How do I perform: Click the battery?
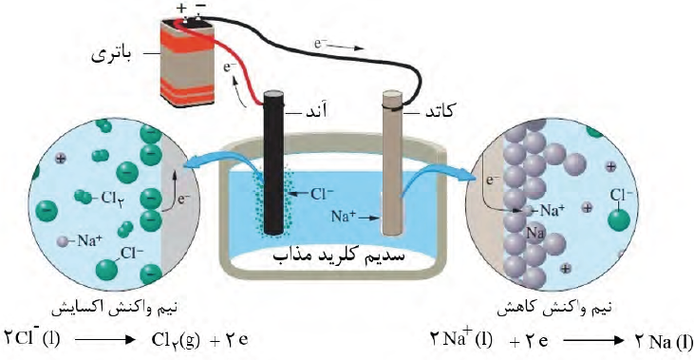188,61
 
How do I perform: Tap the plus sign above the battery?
181,9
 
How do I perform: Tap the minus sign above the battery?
199,7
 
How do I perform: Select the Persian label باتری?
112,56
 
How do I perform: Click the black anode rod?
274,162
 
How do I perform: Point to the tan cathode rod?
393,162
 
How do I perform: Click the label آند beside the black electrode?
315,111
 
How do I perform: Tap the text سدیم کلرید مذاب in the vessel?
339,256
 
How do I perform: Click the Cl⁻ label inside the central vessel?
323,194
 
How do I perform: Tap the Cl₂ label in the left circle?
111,198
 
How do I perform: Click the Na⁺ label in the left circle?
90,240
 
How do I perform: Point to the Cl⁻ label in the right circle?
621,196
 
